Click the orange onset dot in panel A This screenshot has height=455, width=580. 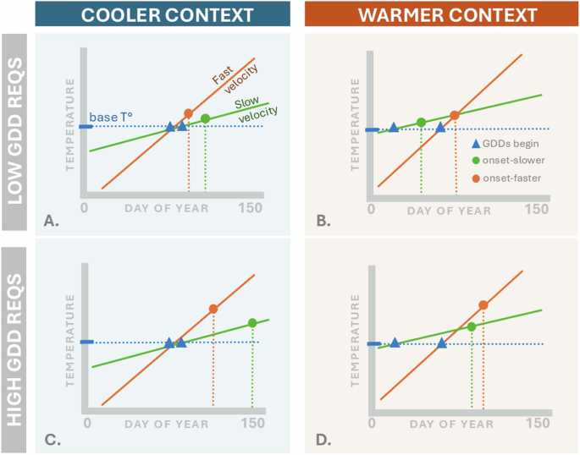[188, 113]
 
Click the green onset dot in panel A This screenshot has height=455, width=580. [205, 118]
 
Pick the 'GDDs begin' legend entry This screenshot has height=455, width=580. [505, 145]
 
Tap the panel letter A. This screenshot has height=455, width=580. [52, 222]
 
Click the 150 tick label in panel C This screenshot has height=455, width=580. [251, 423]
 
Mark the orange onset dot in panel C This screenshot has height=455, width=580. [213, 309]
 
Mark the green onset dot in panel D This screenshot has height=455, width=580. [472, 326]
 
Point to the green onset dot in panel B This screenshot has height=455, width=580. [421, 123]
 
